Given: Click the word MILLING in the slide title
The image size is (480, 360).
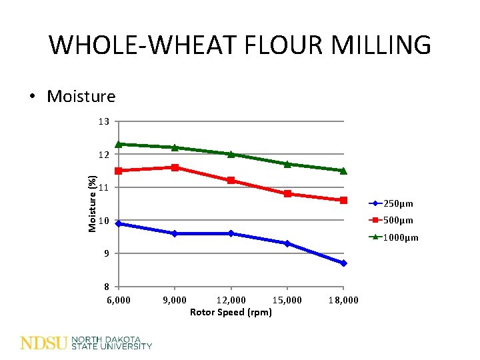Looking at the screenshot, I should tap(386, 45).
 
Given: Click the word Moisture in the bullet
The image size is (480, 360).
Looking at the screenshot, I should tap(81, 97).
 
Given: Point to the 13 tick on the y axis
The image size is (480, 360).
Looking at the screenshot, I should tap(103, 121).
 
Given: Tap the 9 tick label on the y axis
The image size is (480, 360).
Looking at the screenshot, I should tap(105, 253).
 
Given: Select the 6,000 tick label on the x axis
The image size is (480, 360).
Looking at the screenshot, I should tap(119, 300).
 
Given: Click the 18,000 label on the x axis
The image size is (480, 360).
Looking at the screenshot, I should tap(343, 300).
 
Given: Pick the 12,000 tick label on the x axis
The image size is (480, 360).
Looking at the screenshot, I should tap(231, 300).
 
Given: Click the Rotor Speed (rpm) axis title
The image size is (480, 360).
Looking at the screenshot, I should tap(231, 312).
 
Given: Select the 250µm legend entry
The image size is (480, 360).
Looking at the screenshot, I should tap(399, 204).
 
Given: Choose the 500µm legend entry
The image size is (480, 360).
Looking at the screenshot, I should tap(399, 221).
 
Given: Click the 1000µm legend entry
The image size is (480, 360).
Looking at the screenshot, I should tap(401, 237).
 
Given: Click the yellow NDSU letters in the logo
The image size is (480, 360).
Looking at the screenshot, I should tap(44, 343).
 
